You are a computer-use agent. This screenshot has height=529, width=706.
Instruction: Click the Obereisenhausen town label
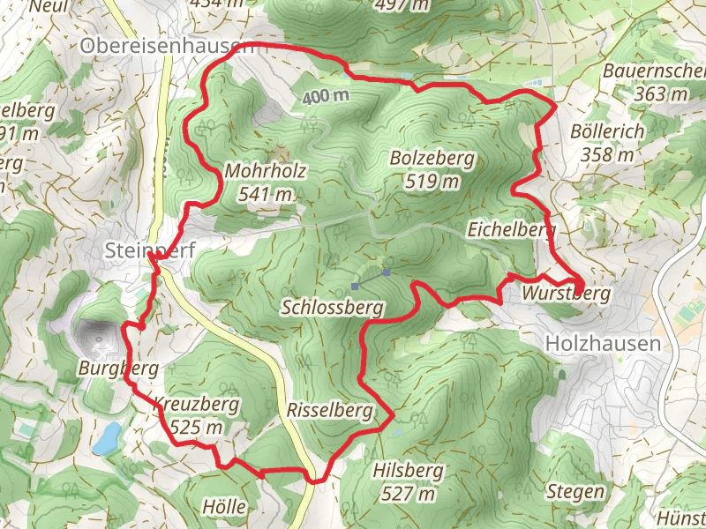[x=166, y=45]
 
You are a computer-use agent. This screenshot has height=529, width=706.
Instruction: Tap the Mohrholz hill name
[x=266, y=171]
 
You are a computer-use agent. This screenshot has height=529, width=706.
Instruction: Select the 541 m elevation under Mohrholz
[x=266, y=194]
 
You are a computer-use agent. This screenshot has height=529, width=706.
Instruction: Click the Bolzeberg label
[x=432, y=160]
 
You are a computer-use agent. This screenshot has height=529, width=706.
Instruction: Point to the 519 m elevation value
[x=432, y=183]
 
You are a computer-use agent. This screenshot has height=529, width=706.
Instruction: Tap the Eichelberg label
[x=512, y=229]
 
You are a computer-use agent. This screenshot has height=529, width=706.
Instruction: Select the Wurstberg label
[x=566, y=293]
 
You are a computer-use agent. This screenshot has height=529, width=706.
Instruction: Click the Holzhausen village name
[x=603, y=343]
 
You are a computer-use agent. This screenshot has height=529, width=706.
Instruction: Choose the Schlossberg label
[x=332, y=308]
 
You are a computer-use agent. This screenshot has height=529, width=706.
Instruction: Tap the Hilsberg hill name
[x=408, y=470]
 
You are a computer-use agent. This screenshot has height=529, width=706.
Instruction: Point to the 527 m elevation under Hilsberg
[x=408, y=494]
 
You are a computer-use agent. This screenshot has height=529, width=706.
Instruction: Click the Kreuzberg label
[x=196, y=405]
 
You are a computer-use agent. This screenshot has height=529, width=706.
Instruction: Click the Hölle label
[x=223, y=508]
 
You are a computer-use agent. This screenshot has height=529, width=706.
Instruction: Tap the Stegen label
[x=576, y=491]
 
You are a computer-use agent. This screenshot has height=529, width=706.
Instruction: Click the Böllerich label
[x=608, y=131]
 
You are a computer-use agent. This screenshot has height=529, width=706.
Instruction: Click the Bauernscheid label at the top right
[x=653, y=71]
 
